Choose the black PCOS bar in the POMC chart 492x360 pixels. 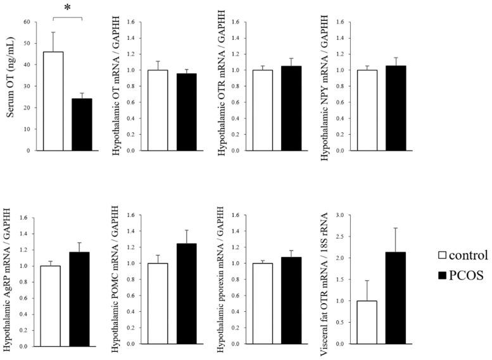(x=187, y=295)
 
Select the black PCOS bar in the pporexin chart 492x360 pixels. (x=291, y=301)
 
